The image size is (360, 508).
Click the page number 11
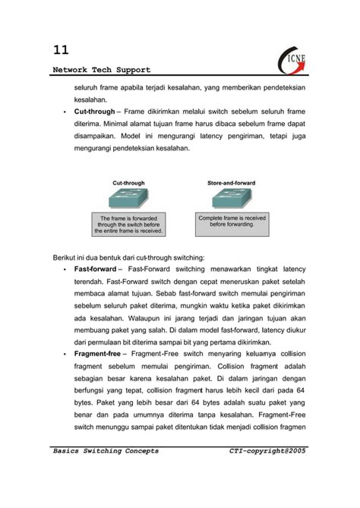[61, 50]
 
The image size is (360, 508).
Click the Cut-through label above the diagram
[128, 183]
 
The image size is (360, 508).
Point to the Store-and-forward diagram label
[232, 183]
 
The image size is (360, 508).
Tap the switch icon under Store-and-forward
[232, 199]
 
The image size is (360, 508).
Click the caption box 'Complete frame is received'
[232, 220]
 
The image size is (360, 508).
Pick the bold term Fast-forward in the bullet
[95, 270]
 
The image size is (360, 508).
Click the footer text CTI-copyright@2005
[268, 451]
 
